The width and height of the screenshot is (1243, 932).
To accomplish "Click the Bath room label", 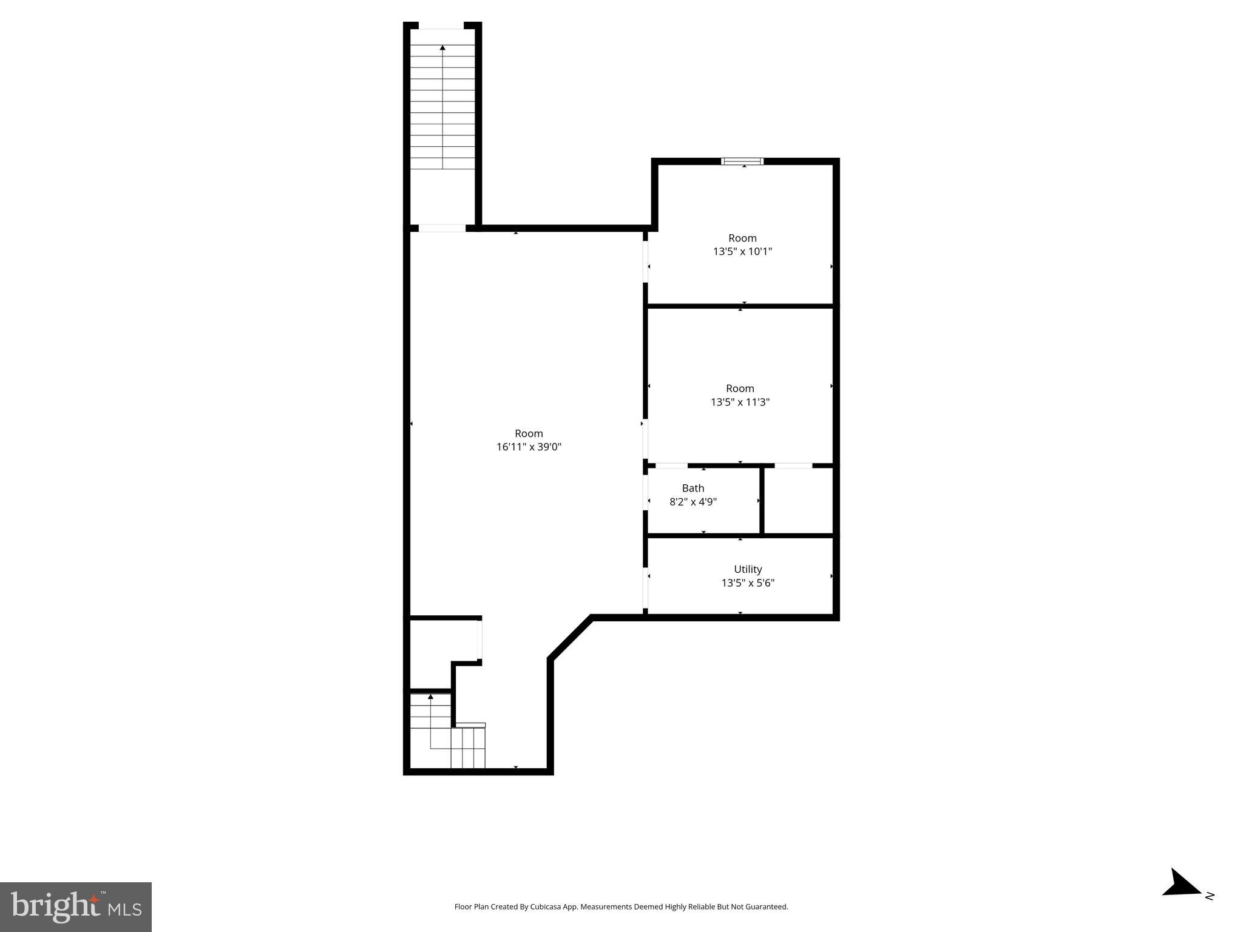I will [x=693, y=488].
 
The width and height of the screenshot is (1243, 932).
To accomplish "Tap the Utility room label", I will [x=747, y=569].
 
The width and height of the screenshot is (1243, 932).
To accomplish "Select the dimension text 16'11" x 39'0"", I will [x=529, y=447].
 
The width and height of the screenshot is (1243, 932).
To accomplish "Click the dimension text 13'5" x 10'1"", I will [x=742, y=251].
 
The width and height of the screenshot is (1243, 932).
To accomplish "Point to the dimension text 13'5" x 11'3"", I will [x=740, y=402].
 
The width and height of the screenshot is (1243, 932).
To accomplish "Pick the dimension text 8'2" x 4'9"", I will [x=693, y=502].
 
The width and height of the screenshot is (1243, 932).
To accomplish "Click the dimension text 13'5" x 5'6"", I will [x=747, y=583].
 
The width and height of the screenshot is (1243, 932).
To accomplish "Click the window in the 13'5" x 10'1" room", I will [x=742, y=161].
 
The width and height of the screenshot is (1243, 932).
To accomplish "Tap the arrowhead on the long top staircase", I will [x=442, y=48].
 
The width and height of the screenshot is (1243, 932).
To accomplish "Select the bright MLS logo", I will [x=76, y=907].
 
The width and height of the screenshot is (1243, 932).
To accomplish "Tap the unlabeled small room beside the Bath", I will [x=798, y=501].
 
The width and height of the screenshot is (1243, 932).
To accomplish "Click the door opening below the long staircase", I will [x=442, y=228].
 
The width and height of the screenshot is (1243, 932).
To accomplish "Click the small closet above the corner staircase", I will [x=442, y=643].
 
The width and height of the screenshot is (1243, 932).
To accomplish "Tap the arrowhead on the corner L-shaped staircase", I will [x=431, y=697].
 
